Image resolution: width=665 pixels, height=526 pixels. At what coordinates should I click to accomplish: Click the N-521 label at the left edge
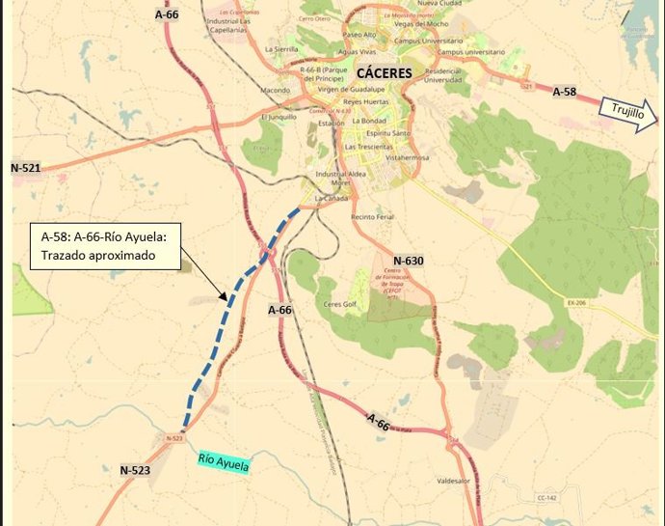26,168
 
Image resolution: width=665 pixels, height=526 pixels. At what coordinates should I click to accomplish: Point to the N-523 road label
135,470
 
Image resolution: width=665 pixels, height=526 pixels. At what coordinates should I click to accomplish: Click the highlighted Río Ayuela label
223,463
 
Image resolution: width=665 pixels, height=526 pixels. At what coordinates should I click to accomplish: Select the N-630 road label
409,261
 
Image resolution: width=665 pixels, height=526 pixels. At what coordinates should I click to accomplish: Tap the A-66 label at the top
167,15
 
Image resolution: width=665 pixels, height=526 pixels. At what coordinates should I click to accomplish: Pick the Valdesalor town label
456,478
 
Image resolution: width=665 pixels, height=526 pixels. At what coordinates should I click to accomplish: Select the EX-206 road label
577,302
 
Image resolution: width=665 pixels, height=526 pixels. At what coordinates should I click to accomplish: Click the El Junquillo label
278,116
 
